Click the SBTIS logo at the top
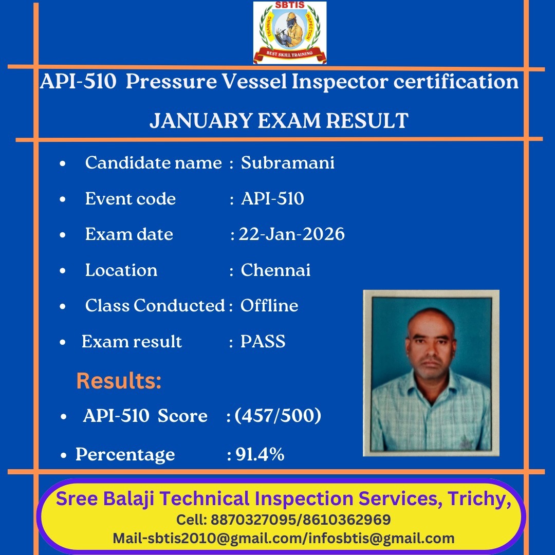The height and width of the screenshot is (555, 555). (289, 32)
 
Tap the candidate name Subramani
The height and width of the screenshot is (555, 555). (287, 163)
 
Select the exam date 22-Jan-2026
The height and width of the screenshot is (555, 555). (292, 234)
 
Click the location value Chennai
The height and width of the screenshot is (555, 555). (275, 270)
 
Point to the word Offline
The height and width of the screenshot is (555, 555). (269, 305)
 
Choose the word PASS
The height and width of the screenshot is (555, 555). (263, 342)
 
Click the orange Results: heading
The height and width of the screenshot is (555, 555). (119, 380)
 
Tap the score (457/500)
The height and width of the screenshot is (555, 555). (278, 415)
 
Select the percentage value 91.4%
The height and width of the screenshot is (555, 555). (260, 454)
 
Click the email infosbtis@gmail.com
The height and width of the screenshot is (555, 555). (381, 539)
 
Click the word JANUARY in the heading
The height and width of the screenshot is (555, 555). (201, 121)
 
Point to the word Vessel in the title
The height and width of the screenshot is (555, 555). (254, 81)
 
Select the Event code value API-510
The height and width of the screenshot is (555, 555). (272, 198)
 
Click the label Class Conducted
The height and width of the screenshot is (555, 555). (155, 305)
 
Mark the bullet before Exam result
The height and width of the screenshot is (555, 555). (63, 342)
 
